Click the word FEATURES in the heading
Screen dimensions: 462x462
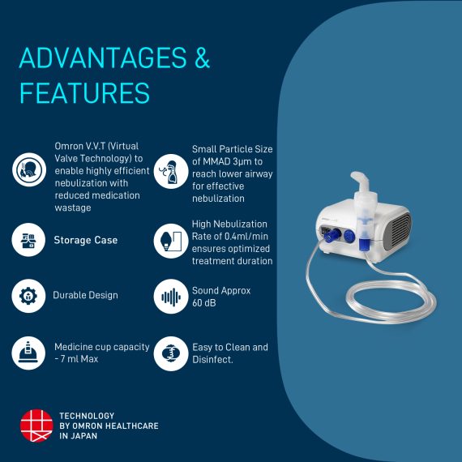tap(84, 92)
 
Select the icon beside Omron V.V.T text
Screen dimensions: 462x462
tap(29, 170)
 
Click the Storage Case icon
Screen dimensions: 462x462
tap(29, 240)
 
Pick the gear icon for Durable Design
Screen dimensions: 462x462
tap(29, 296)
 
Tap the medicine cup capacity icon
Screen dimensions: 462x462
tap(29, 353)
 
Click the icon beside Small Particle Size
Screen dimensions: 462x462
tap(171, 170)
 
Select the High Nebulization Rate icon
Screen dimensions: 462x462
tap(171, 240)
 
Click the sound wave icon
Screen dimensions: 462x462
tap(171, 296)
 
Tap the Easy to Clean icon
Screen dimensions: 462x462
tap(171, 353)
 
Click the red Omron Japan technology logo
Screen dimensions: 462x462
tap(36, 426)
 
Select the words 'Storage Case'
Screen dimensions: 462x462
tap(85, 240)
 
